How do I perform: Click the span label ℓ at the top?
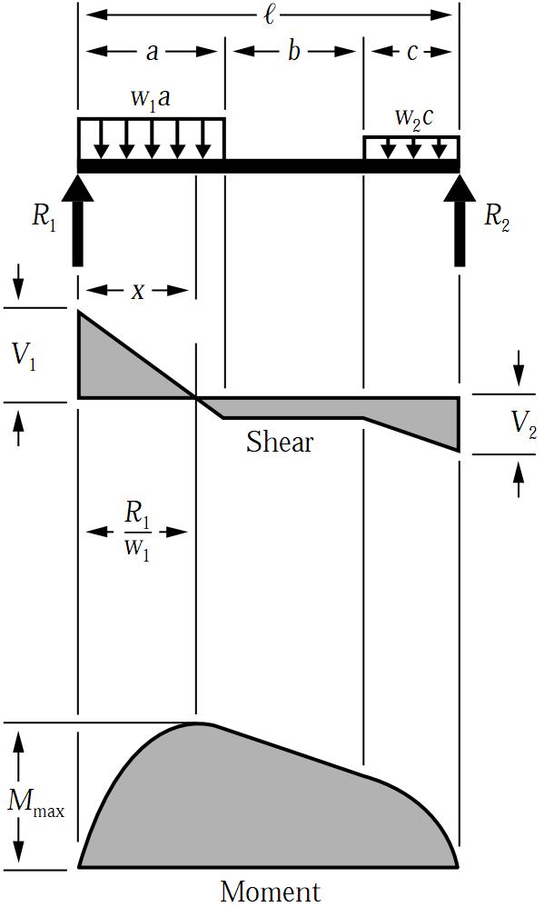269,14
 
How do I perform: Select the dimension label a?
152,52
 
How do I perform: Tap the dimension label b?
293,51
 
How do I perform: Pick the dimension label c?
411,52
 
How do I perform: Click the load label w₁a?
151,98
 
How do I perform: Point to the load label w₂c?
413,117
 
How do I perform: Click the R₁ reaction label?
44,217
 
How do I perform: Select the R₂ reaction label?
497,217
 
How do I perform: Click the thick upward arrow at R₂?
460,220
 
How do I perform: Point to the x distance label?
137,292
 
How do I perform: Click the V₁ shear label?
24,357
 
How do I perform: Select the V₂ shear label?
524,425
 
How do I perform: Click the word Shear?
280,442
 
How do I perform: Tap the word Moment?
270,892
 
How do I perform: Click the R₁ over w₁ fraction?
137,531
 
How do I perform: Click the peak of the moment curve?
197,723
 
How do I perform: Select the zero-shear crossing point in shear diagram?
196,398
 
